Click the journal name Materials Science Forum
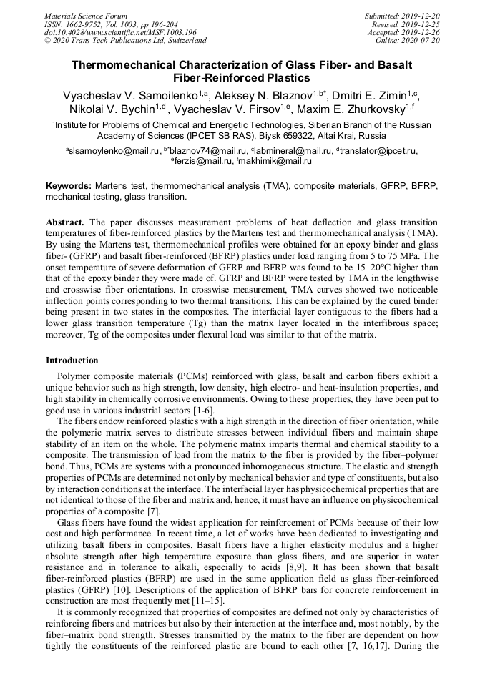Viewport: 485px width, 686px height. [x=86, y=15]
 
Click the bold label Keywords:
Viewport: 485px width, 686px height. [x=69, y=185]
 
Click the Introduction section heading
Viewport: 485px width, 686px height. [x=72, y=360]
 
